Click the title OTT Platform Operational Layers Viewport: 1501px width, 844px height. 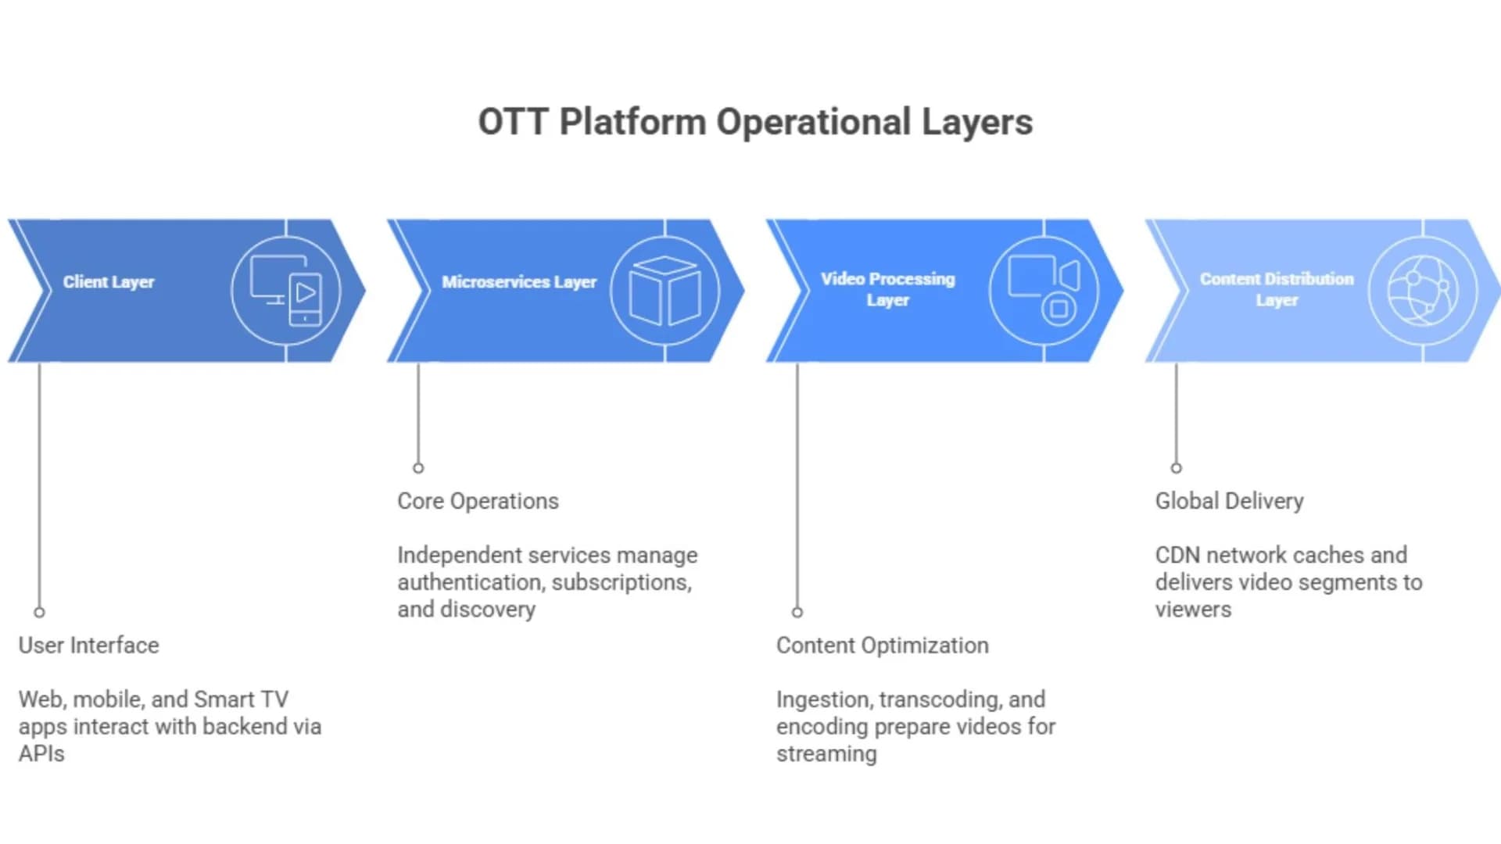coord(755,123)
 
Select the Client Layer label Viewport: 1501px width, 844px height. coord(109,282)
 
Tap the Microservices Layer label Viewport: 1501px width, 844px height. coord(519,282)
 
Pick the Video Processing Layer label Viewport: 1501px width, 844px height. coord(888,289)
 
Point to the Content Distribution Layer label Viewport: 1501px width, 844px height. coord(1277,289)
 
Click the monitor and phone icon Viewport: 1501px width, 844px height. coord(286,290)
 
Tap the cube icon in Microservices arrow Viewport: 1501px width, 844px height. coord(665,291)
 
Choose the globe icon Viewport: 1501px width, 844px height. coord(1423,291)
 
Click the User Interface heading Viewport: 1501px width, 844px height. coord(88,646)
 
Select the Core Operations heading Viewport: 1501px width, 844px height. coord(478,501)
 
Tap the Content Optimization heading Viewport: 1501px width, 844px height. coord(883,646)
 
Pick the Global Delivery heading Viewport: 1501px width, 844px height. coord(1230,501)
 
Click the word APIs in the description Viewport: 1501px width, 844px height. coord(41,754)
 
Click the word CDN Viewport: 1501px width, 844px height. coord(1177,555)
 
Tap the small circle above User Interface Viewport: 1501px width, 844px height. coord(39,613)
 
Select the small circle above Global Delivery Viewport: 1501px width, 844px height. coord(1176,468)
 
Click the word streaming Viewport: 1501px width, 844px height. coord(826,754)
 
